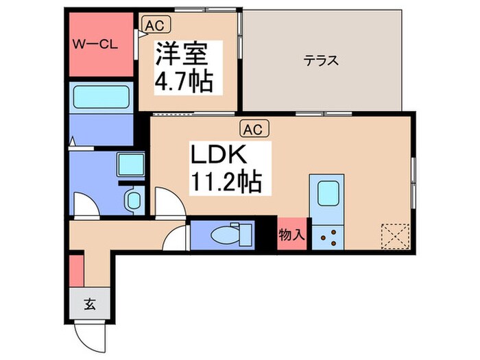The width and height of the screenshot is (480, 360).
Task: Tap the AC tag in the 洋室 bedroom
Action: (x=153, y=25)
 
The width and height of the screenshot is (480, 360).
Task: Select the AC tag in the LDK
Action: (x=251, y=128)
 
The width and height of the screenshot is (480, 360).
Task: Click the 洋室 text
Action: (x=182, y=55)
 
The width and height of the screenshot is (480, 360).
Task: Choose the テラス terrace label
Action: (x=322, y=60)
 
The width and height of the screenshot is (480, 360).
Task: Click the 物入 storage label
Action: (x=292, y=235)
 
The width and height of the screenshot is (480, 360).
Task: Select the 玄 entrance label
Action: (x=89, y=302)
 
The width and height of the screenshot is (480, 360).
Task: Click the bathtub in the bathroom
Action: (x=101, y=96)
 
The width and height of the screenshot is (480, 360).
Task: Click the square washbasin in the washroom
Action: (x=129, y=165)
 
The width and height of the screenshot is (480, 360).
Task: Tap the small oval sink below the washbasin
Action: (x=133, y=200)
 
